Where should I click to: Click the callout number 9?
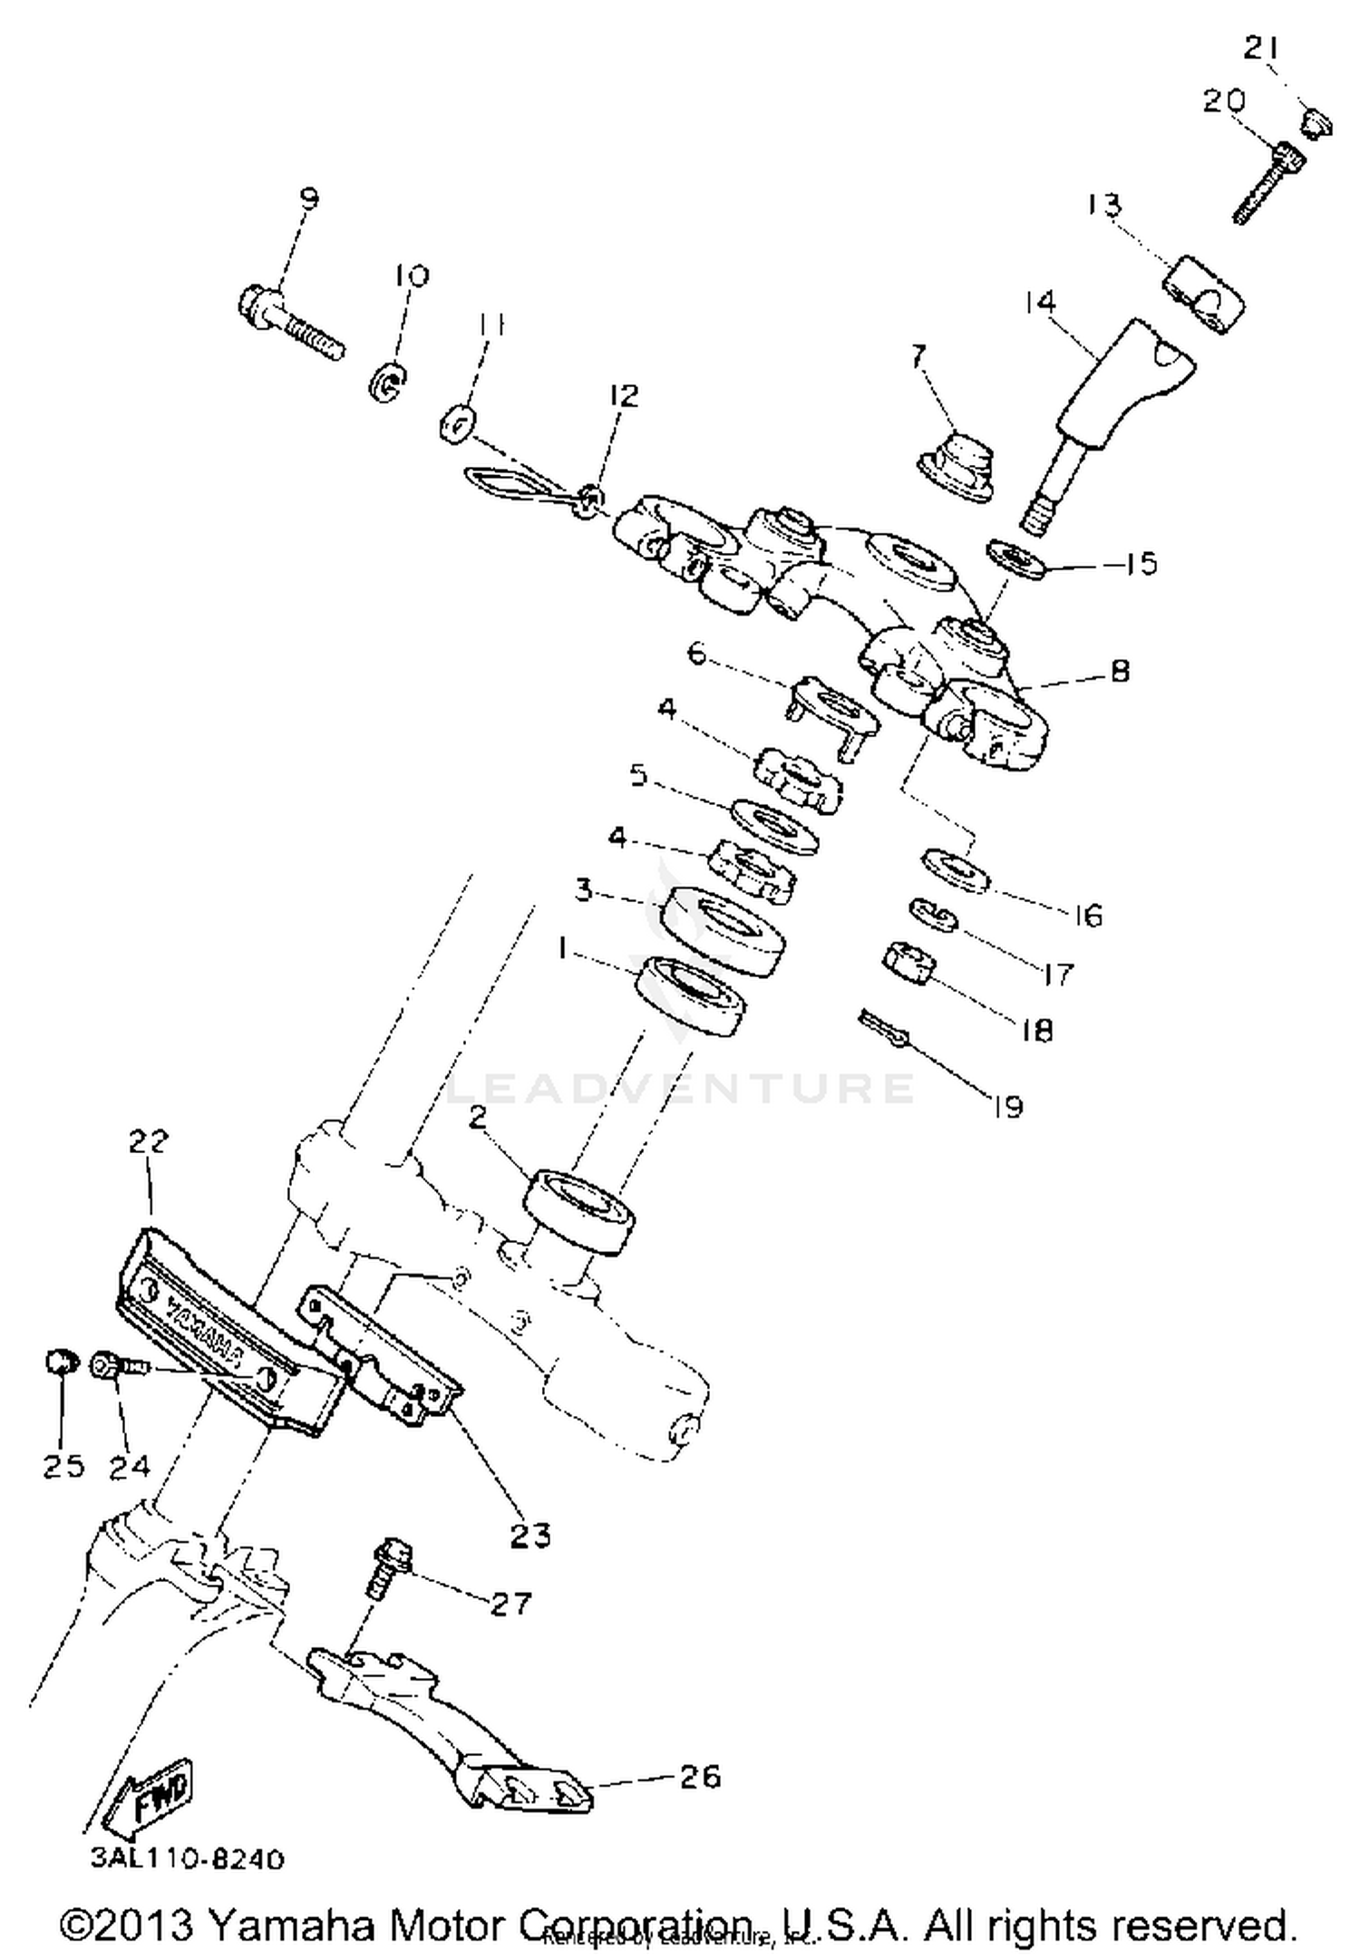coord(309,199)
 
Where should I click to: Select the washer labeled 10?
coord(387,382)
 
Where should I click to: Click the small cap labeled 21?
coord(1316,121)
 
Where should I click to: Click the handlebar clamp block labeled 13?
coord(1203,295)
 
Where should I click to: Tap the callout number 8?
coord(1121,671)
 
